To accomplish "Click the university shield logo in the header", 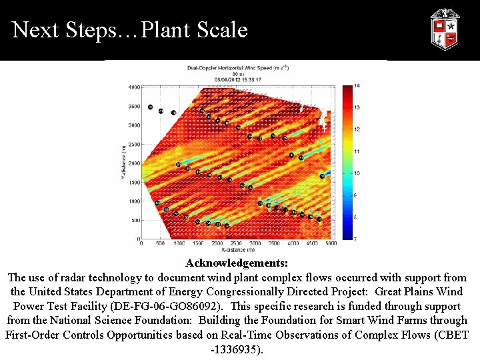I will point(444,29).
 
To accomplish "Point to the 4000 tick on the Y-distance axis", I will point(133,87).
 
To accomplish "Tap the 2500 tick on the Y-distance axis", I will point(133,144).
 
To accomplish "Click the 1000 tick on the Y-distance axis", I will point(133,201).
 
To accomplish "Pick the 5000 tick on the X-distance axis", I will point(331,244).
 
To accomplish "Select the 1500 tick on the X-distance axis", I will point(198,244).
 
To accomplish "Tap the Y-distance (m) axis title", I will point(123,163).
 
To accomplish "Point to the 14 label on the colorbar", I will point(357,86).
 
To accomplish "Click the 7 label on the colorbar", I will point(357,238).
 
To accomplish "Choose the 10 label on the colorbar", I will point(357,173).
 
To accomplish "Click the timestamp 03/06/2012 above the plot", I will point(222,79).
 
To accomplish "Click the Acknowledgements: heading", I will point(237,264).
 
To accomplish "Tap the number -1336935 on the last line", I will point(237,349).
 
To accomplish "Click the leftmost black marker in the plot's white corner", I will point(151,107).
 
